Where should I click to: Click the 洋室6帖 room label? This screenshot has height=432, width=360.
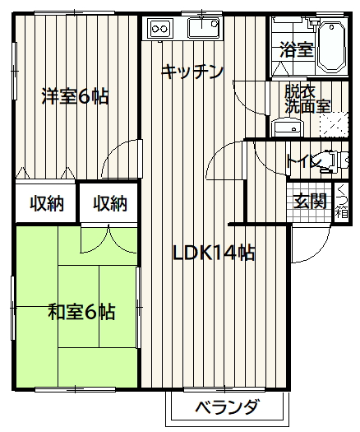[x=75, y=96]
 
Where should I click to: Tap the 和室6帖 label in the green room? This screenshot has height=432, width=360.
[x=81, y=312]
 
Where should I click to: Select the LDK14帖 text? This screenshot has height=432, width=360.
[x=214, y=253]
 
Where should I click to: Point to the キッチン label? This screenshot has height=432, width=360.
[x=192, y=72]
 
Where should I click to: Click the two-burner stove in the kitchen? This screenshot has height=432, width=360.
[x=160, y=28]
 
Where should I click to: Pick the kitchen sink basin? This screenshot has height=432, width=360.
[x=204, y=27]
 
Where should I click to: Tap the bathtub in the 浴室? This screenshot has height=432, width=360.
[x=332, y=48]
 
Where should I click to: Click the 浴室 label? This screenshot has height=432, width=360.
[x=297, y=50]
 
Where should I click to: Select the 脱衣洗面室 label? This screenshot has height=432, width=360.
[x=307, y=99]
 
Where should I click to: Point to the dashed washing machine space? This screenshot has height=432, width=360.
[x=334, y=124]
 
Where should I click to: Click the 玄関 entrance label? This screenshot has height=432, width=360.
[x=310, y=201]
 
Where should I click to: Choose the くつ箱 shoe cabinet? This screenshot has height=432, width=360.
[x=342, y=202]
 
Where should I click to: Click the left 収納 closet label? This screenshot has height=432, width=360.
[x=47, y=203]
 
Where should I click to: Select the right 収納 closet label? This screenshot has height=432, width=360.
[x=110, y=203]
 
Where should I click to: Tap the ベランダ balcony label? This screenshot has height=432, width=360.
[x=227, y=407]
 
